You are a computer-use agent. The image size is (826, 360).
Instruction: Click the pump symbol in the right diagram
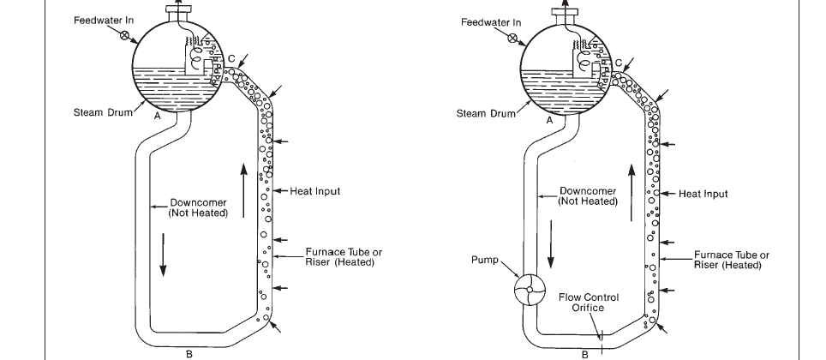pos(530,290)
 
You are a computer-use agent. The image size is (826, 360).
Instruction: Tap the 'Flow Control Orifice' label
pos(589,303)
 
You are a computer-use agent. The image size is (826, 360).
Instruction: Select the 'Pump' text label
pos(484,260)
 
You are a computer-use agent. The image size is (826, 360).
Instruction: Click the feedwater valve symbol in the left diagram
pos(124,35)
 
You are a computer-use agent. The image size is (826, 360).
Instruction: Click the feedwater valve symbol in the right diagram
pos(512,38)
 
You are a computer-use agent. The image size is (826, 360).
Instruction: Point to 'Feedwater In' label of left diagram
pos(104,21)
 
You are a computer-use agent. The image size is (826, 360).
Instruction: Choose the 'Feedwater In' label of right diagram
pos(491,22)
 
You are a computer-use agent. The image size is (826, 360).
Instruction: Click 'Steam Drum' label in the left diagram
pos(103,111)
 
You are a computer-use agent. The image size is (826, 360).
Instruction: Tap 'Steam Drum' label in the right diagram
pos(486,113)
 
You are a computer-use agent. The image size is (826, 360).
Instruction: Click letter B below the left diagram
pos(189,354)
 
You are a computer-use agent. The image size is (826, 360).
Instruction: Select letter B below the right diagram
pos(584,355)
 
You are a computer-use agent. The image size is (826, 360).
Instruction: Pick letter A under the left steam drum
pos(157,116)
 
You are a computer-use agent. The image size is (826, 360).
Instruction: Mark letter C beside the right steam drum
pos(619,63)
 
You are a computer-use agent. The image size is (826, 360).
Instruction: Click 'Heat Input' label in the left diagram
pos(315,191)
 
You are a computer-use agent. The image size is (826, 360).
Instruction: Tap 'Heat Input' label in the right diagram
pos(703,194)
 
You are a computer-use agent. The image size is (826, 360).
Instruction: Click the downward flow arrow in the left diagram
pos(164,255)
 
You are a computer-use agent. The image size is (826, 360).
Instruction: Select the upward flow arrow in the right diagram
pos(631,193)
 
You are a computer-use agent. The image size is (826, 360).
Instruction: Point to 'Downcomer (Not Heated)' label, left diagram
pos(198,207)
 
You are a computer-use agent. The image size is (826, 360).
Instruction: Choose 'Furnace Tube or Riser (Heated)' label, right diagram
pos(731,260)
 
